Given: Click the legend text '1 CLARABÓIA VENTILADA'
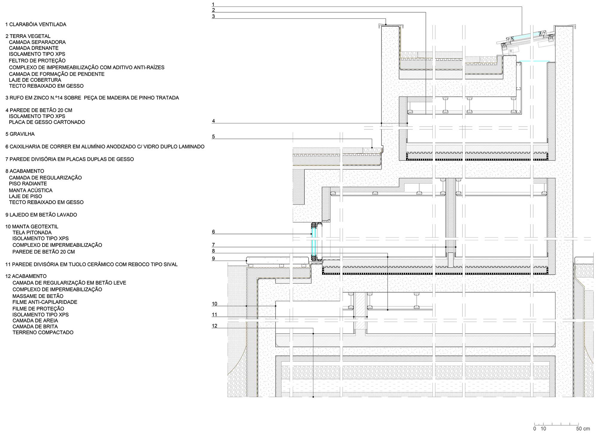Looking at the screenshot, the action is (x=36, y=25).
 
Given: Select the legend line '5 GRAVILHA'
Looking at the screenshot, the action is (x=20, y=134).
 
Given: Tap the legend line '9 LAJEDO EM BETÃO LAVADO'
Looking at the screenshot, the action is (x=41, y=215).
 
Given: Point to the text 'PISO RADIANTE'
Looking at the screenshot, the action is (x=28, y=184).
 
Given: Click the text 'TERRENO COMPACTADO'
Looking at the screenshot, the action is (x=43, y=333).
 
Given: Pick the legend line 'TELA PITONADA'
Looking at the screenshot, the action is (x=32, y=233).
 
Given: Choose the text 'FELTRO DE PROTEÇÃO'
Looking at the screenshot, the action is (x=37, y=61).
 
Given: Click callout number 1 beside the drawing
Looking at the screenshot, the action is (x=213, y=4).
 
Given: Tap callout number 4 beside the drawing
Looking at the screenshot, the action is (x=213, y=121).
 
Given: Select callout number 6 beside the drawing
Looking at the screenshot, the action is (x=213, y=232).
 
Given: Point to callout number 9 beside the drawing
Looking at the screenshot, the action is (x=213, y=258).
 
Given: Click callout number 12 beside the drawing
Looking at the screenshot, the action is (x=214, y=326).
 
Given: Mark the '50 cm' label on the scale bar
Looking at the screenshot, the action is (x=583, y=429).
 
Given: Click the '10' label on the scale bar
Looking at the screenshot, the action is (x=543, y=429).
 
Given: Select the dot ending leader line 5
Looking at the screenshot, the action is (x=372, y=148).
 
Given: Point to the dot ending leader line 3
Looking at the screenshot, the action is (x=386, y=25).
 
